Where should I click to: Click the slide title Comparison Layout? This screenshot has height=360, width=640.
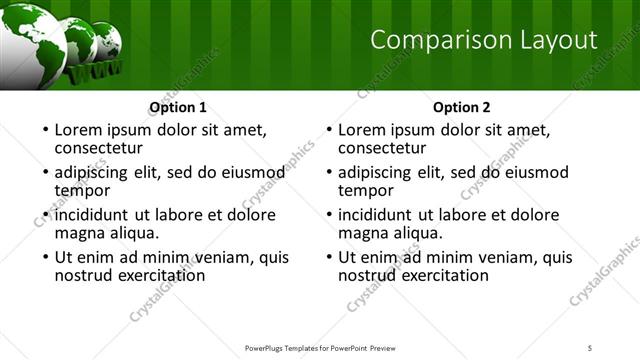coord(484,40)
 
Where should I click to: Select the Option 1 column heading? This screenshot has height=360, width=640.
coord(178,107)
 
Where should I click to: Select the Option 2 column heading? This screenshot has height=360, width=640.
coord(462,107)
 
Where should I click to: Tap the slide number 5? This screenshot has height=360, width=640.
coord(591,348)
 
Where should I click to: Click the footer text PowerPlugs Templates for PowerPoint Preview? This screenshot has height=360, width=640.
coord(319,348)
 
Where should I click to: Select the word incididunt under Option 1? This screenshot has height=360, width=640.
coord(97,214)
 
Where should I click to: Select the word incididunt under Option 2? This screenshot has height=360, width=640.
coord(381,214)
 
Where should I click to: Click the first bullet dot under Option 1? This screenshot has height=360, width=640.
coord(44,130)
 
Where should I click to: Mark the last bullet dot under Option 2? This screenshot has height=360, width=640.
coord(328,258)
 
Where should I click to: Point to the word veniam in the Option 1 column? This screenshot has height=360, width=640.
coord(201,257)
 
